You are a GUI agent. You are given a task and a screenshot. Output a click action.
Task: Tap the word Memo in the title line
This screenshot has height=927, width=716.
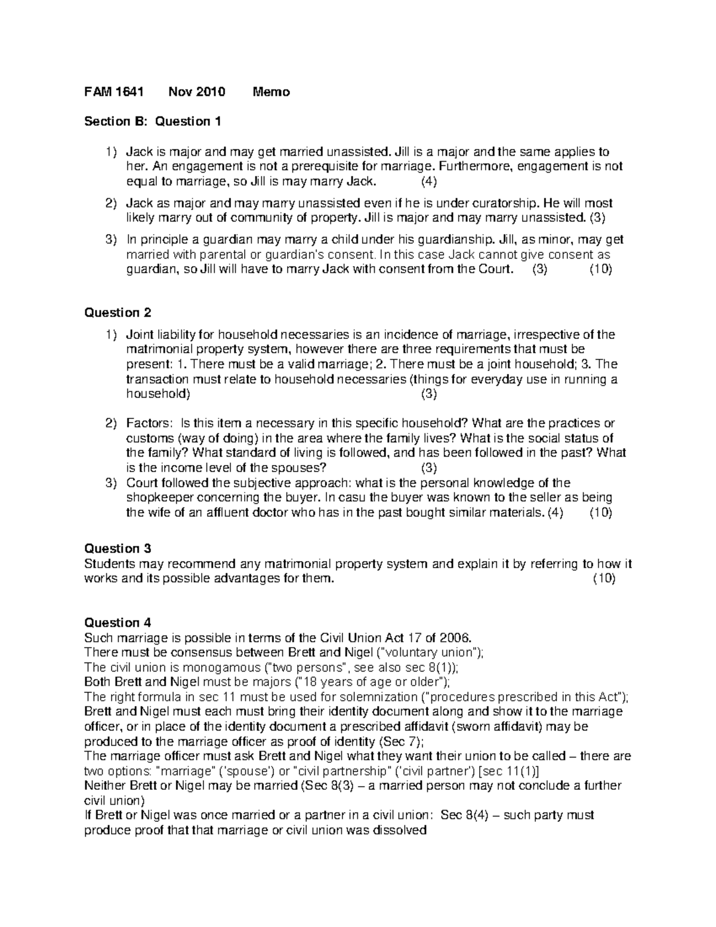(271, 92)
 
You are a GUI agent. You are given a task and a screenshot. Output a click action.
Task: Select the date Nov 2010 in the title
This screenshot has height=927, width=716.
(197, 92)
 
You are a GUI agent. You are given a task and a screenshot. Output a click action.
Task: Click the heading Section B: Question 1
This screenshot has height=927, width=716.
(153, 122)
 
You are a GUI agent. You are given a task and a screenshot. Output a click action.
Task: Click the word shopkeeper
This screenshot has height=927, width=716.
(157, 498)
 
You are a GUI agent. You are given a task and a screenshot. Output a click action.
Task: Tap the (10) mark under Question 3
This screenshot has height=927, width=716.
(604, 578)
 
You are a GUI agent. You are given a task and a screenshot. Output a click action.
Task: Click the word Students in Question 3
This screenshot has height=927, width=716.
(108, 563)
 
